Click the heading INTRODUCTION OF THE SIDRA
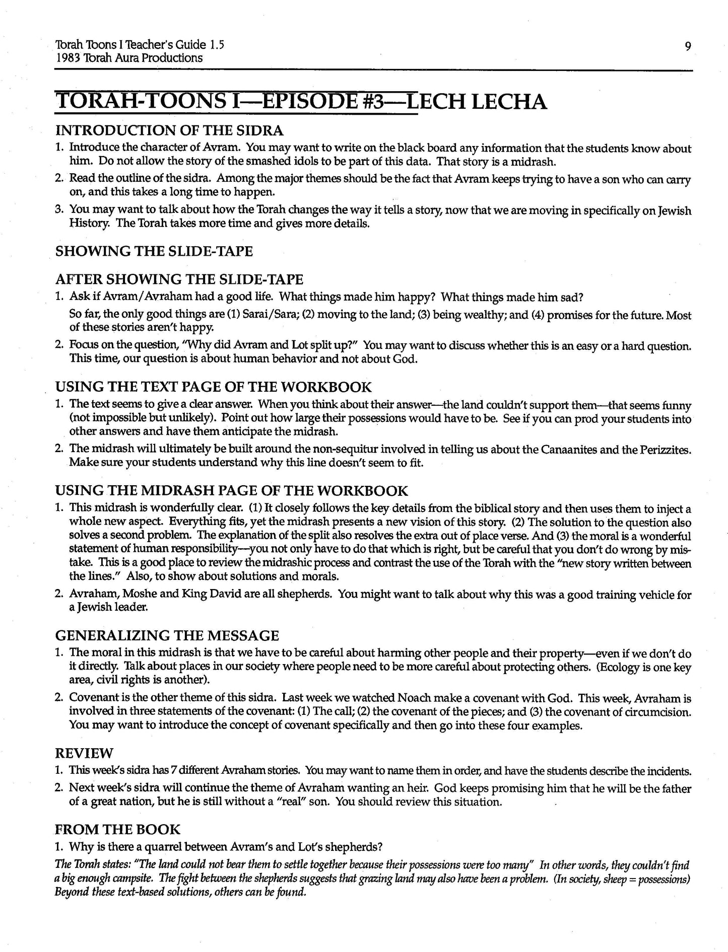point(169,131)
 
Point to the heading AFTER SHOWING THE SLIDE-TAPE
point(179,279)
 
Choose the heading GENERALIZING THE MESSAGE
point(167,635)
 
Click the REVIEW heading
point(84,753)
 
